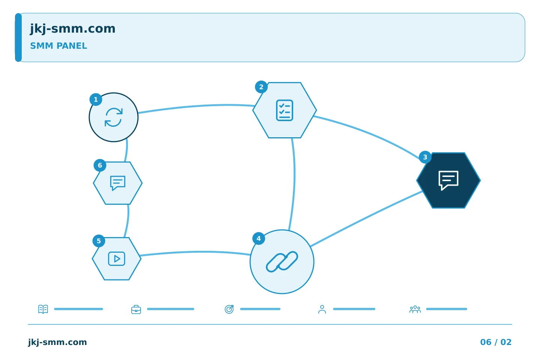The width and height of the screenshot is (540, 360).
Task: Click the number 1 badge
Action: [x=96, y=99]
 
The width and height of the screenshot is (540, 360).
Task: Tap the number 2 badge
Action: [x=261, y=87]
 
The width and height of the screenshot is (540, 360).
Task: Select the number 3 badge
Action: [x=425, y=157]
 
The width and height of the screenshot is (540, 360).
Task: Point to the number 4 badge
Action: [x=259, y=238]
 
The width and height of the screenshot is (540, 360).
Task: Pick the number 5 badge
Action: [x=99, y=241]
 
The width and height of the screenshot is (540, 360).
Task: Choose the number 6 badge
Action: [x=100, y=165]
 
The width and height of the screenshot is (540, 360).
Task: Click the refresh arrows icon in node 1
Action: [x=114, y=117]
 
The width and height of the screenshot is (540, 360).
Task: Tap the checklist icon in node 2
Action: [x=285, y=110]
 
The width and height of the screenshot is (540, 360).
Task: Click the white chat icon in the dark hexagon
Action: [x=448, y=180]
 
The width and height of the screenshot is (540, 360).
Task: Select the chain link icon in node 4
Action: [x=282, y=262]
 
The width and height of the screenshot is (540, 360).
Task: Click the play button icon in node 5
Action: [x=117, y=259]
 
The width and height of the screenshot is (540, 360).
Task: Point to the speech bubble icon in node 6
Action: [x=118, y=183]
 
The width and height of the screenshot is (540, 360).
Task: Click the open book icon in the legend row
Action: [x=43, y=309]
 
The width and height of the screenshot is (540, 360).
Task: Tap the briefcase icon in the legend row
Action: [x=136, y=309]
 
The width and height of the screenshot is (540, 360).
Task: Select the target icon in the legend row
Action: [x=229, y=309]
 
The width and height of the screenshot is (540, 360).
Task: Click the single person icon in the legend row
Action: [x=322, y=309]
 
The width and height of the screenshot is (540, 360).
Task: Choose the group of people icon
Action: [x=415, y=309]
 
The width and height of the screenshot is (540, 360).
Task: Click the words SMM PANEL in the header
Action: [x=58, y=46]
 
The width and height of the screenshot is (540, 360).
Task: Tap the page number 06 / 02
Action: [x=496, y=342]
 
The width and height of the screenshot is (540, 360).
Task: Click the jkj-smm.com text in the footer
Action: [x=57, y=342]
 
